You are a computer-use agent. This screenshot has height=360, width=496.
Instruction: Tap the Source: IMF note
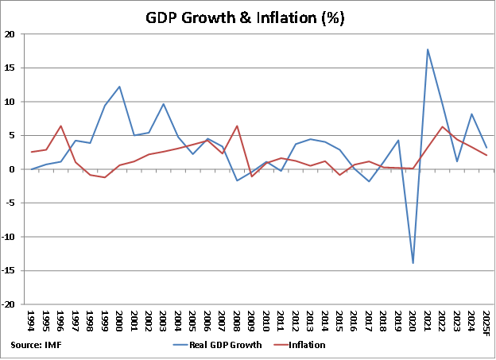(x=37, y=345)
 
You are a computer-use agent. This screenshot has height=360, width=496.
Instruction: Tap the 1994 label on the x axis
(x=31, y=323)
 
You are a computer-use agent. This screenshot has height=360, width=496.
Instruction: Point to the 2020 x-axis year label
(x=413, y=323)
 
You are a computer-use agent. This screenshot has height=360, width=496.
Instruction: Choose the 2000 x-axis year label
(x=119, y=323)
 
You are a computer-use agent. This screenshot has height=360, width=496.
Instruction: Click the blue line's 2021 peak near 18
(x=428, y=49)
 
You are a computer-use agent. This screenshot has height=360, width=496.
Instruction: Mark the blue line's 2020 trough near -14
(x=413, y=263)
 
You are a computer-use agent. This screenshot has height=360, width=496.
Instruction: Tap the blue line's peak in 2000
(x=119, y=87)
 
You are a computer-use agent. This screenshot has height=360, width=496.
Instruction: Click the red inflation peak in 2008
(x=236, y=126)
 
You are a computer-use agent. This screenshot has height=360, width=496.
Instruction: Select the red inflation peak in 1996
(x=60, y=126)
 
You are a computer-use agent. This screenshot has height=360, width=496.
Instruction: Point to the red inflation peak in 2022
(x=442, y=127)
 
